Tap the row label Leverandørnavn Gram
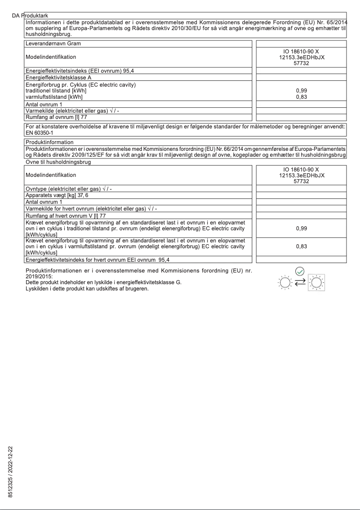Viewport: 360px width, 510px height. (54, 44)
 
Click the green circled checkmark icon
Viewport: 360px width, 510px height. (300, 271)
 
